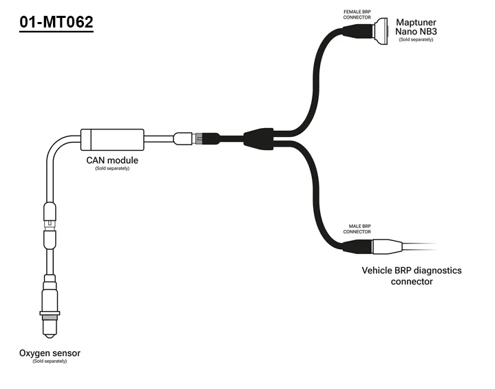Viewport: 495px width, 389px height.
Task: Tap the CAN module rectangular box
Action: pyautogui.click(x=112, y=139)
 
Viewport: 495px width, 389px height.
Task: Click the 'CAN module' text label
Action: pyautogui.click(x=112, y=160)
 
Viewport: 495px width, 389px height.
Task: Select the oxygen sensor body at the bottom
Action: pyautogui.click(x=49, y=303)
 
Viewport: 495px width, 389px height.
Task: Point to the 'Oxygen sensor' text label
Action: pyautogui.click(x=50, y=353)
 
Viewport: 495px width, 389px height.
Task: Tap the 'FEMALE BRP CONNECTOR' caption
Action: pyautogui.click(x=357, y=14)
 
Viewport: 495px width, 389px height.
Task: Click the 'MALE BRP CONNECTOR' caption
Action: pyautogui.click(x=357, y=229)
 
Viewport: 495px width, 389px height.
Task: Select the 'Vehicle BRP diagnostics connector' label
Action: pyautogui.click(x=412, y=275)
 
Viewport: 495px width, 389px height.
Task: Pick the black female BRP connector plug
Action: pyautogui.click(x=358, y=32)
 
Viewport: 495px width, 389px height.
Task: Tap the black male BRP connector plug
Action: pyautogui.click(x=358, y=246)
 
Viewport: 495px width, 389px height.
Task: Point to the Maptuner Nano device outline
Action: pyautogui.click(x=381, y=32)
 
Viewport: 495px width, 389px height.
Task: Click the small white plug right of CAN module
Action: pyautogui.click(x=183, y=138)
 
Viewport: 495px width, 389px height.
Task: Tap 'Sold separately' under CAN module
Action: pyautogui.click(x=112, y=169)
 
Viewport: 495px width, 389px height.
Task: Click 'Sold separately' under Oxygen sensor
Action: pyautogui.click(x=50, y=361)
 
